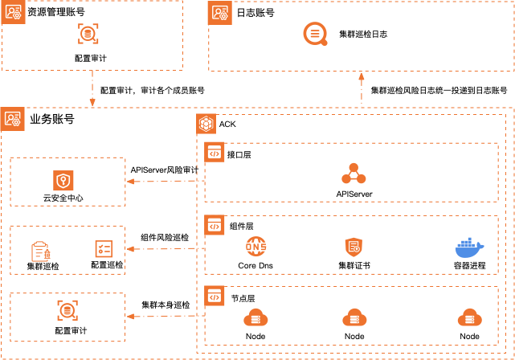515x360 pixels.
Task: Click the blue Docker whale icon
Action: [x=469, y=248]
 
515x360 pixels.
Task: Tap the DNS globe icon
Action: [x=255, y=247]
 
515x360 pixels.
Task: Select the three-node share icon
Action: [x=354, y=174]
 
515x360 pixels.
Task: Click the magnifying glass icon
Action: [x=315, y=34]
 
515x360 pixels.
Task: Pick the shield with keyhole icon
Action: [x=63, y=181]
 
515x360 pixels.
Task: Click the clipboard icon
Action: [x=40, y=252]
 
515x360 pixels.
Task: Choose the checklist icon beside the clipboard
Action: [x=104, y=249]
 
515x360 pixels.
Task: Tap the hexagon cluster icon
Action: [x=206, y=124]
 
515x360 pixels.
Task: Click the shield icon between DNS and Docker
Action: [x=354, y=247]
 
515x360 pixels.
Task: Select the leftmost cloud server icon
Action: [x=255, y=318]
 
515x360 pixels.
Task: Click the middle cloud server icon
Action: [x=354, y=318]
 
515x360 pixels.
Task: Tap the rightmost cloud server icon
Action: [x=469, y=318]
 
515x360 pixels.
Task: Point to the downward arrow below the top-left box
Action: [x=92, y=102]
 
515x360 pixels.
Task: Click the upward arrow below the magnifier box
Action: [x=362, y=76]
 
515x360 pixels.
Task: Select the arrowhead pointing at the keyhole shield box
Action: [x=130, y=182]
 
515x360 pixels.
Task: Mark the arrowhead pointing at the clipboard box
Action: [x=130, y=249]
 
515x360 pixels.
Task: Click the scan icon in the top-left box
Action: [x=88, y=34]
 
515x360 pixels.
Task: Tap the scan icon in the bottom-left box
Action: [x=67, y=310]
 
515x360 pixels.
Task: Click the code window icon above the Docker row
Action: [x=215, y=225]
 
